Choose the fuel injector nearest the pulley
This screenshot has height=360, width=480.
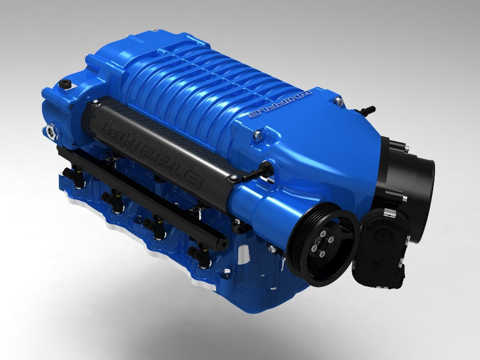coord(195,252)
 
